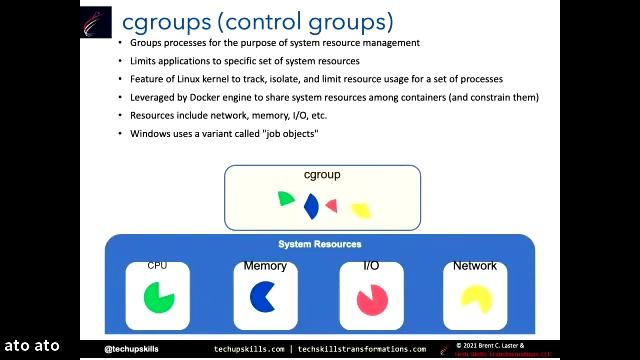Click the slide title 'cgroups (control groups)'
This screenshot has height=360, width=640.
[257, 21]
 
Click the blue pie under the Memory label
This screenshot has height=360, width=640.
[263, 296]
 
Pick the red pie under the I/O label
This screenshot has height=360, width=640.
[372, 297]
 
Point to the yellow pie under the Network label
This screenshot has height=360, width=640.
[474, 297]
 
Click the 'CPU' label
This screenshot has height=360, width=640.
[157, 266]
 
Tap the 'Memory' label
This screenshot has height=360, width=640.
[265, 266]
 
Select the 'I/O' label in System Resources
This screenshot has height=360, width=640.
[370, 266]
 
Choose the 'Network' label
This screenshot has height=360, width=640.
[474, 266]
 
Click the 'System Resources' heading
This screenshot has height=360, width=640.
[319, 244]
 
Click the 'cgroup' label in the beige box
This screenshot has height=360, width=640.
[322, 175]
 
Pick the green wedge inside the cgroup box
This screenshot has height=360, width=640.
[286, 199]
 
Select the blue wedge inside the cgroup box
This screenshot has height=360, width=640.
[311, 207]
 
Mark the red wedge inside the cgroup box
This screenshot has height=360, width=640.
[332, 206]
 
